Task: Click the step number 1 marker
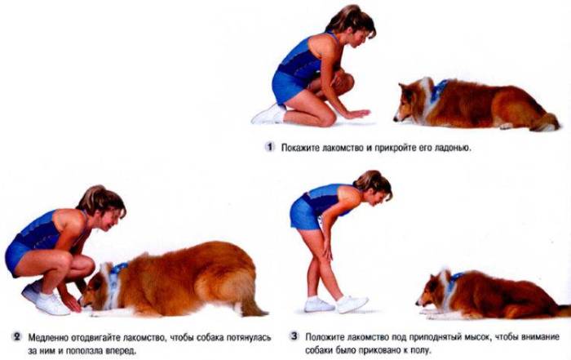point(269,147)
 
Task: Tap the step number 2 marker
point(17,336)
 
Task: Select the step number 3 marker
point(294,336)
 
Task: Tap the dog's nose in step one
point(396,119)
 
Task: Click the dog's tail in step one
point(546,122)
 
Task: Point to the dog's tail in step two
point(252,305)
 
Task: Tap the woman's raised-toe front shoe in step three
point(352,304)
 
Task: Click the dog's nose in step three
point(418,303)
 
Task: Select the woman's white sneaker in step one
point(268,114)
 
